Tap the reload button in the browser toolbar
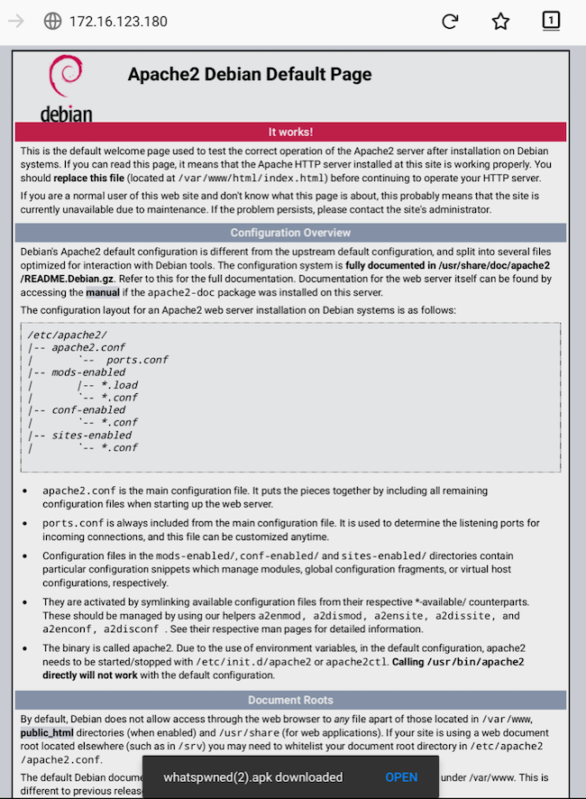[450, 22]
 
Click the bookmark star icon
[500, 22]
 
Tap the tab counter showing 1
[551, 21]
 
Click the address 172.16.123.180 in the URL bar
[118, 22]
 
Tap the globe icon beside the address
[52, 22]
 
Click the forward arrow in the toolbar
[16, 22]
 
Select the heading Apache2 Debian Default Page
[250, 75]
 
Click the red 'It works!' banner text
[290, 132]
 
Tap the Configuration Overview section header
[290, 233]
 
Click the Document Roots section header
[290, 700]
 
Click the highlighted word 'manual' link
[102, 292]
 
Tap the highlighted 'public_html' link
[47, 732]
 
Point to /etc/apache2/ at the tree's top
[67, 335]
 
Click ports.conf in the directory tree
[137, 360]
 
